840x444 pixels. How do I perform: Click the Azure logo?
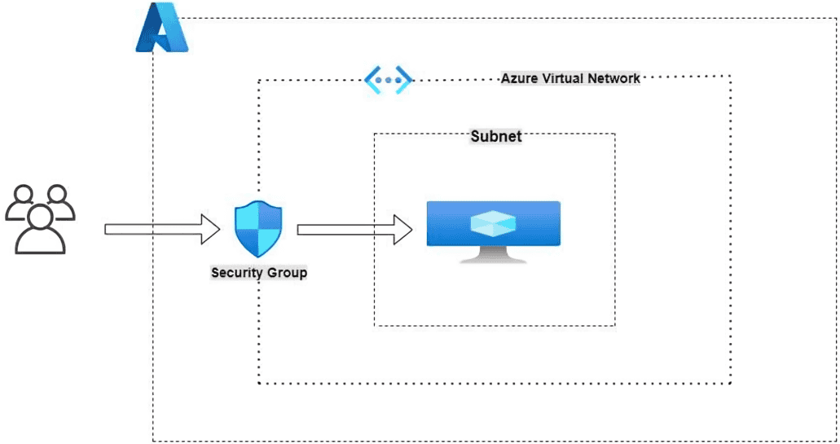click(x=161, y=29)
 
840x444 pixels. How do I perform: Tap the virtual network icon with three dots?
click(x=388, y=79)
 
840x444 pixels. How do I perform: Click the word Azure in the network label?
click(x=518, y=78)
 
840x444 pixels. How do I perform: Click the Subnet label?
click(x=496, y=137)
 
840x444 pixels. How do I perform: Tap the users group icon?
click(x=40, y=219)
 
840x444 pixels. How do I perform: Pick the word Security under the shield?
click(x=235, y=272)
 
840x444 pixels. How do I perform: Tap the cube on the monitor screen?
click(x=493, y=222)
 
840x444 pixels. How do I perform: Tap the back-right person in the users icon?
click(x=56, y=202)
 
